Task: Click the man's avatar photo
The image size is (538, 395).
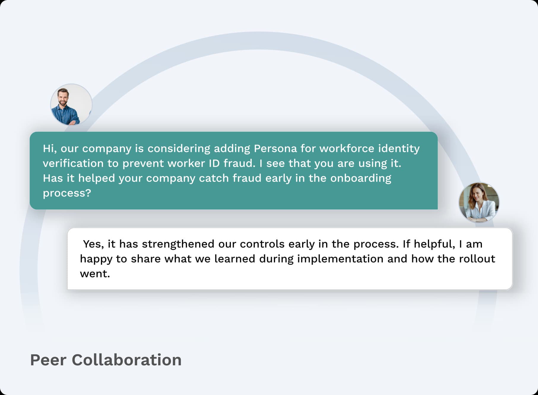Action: (x=71, y=104)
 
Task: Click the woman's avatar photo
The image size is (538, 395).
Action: (x=479, y=203)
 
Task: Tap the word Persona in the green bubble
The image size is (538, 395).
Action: (x=275, y=148)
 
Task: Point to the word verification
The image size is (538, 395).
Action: (x=73, y=163)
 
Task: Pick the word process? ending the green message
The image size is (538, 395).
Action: (x=67, y=193)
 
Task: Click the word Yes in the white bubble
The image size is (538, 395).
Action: (x=93, y=244)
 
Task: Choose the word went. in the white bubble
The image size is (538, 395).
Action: (x=95, y=274)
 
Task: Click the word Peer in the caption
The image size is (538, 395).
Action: (x=48, y=360)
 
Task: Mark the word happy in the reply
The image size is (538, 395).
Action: (x=96, y=259)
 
